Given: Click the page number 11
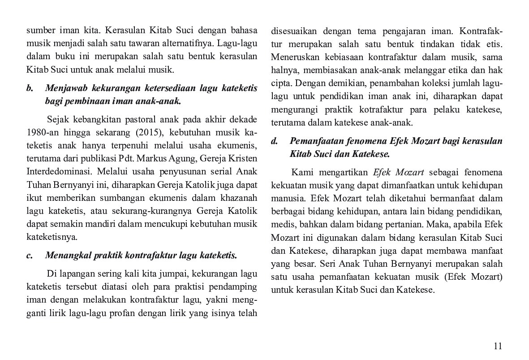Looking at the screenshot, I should [x=498, y=346].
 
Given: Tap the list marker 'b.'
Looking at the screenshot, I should [x=30, y=88].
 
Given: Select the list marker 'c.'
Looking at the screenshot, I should [x=30, y=256].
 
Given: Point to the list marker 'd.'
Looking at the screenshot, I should [x=275, y=141].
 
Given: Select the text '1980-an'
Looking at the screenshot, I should [x=41, y=133].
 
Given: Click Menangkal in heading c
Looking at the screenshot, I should [x=67, y=256].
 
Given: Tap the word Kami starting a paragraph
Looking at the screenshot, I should [x=302, y=173].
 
